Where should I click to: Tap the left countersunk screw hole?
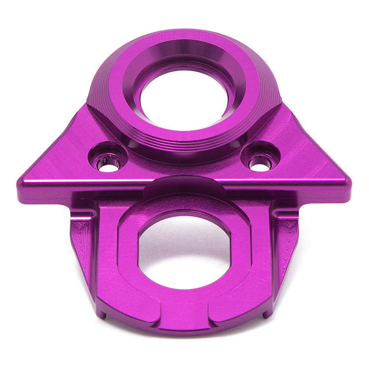click(x=107, y=164)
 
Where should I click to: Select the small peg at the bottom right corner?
click(x=267, y=312)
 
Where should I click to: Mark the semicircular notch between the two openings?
click(x=184, y=183)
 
